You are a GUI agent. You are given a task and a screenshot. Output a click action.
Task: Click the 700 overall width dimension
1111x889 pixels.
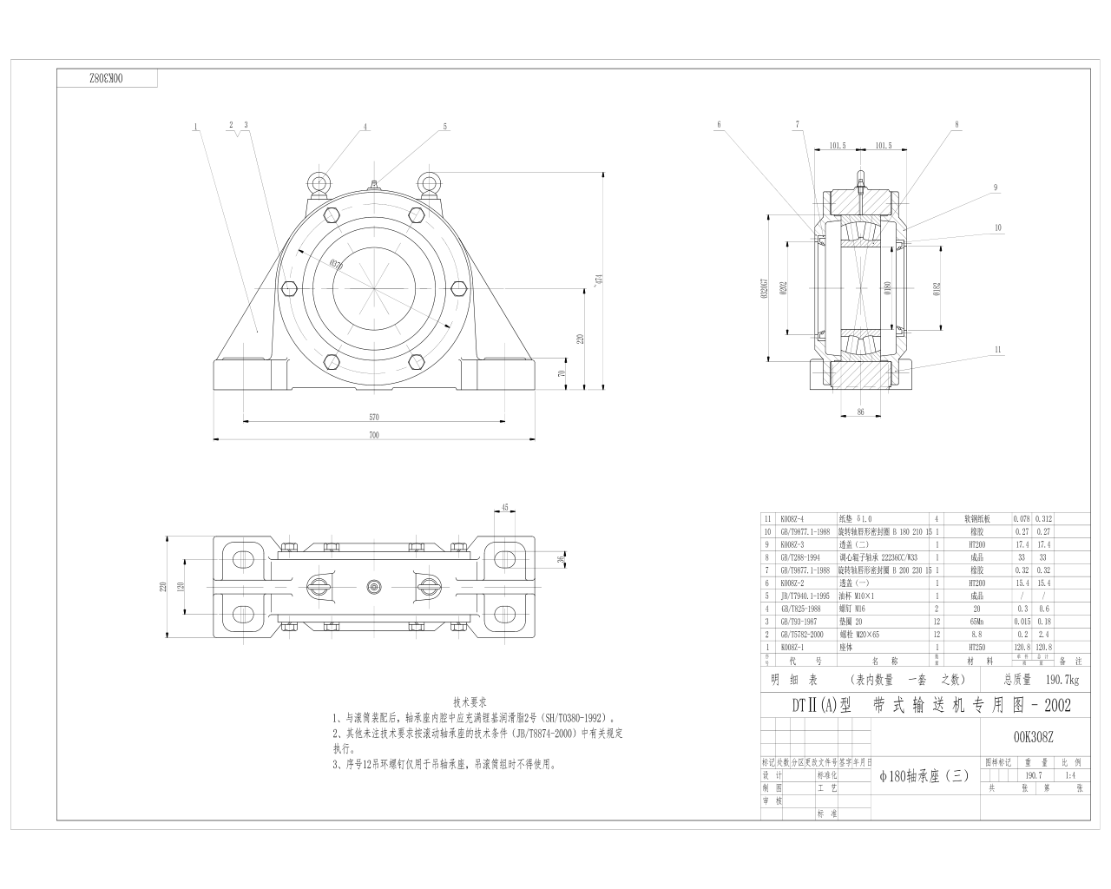pyautogui.click(x=374, y=434)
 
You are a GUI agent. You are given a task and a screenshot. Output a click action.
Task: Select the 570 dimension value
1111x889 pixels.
pyautogui.click(x=374, y=417)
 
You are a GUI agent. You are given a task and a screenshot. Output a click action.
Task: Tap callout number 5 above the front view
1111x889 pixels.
pyautogui.click(x=445, y=127)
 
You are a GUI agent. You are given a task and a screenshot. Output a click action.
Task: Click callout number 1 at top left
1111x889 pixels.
pyautogui.click(x=195, y=127)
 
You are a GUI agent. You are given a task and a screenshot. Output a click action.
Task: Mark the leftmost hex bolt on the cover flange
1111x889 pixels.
pyautogui.click(x=290, y=288)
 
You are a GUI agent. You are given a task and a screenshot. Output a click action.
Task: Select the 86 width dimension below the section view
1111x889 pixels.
pyautogui.click(x=860, y=412)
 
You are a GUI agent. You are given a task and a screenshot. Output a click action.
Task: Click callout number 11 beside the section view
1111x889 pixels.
pyautogui.click(x=998, y=349)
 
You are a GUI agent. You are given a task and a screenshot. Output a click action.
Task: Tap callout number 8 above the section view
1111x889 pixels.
pyautogui.click(x=957, y=125)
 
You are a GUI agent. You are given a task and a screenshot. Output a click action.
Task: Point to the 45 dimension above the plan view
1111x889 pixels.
pyautogui.click(x=504, y=508)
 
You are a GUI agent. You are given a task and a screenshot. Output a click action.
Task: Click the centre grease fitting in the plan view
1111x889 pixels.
pyautogui.click(x=374, y=587)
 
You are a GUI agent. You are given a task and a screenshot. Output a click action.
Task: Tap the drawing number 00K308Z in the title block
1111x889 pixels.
pyautogui.click(x=1033, y=737)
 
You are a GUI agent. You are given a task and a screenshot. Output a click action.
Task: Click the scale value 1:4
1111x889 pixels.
pyautogui.click(x=1070, y=775)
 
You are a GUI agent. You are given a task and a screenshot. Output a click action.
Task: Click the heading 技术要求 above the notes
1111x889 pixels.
pyautogui.click(x=470, y=701)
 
